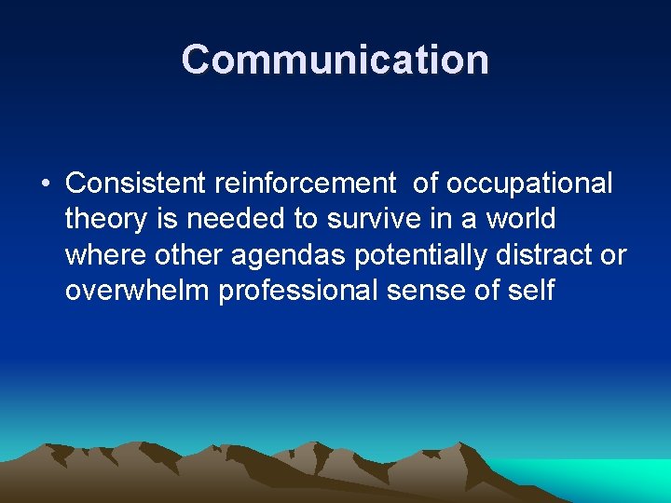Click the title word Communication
335,60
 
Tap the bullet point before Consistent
45,184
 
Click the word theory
106,220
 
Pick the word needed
236,220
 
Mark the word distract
551,255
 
